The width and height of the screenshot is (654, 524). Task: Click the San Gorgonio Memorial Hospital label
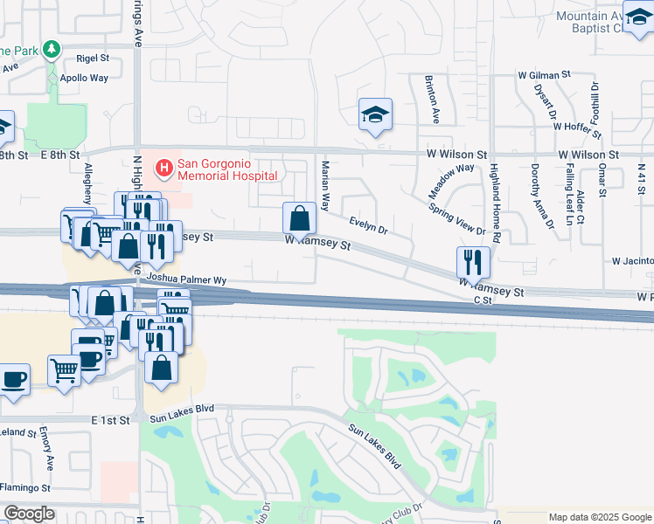click(227, 169)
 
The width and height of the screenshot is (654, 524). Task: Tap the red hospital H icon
click(163, 167)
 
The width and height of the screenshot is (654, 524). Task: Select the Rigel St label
click(92, 59)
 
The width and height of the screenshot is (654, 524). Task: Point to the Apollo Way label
click(83, 78)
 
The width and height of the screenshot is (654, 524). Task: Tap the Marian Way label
click(325, 186)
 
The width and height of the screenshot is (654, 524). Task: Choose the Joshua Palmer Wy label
click(186, 279)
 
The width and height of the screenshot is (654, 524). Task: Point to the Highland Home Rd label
click(495, 203)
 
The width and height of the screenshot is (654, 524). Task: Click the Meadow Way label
click(450, 179)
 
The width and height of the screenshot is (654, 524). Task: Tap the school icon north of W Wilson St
click(375, 114)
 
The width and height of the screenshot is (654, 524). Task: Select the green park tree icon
click(52, 49)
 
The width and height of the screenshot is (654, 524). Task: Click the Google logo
click(30, 514)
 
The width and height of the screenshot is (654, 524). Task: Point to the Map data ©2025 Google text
click(599, 517)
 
